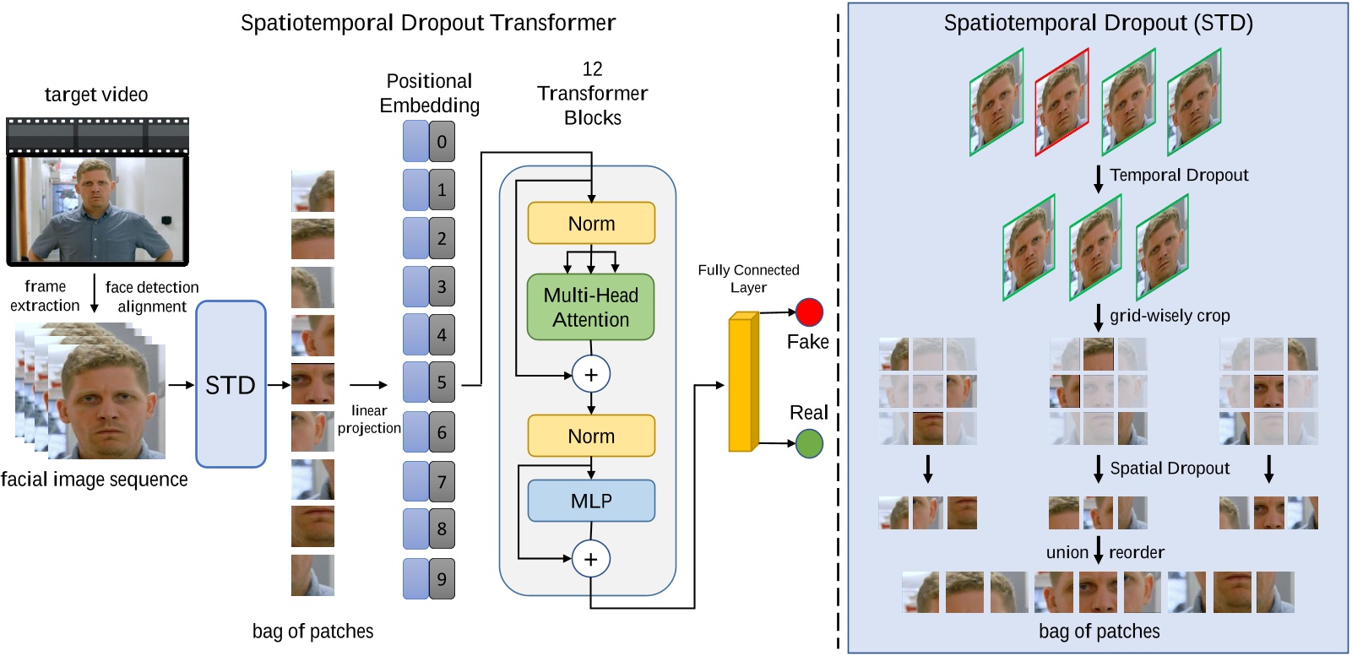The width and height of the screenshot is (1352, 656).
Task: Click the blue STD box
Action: pyautogui.click(x=231, y=384)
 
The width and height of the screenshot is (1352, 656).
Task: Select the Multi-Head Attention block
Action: pyautogui.click(x=590, y=307)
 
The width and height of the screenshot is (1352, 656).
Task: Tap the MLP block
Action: pyautogui.click(x=590, y=501)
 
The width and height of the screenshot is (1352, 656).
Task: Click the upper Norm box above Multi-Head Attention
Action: pyautogui.click(x=590, y=224)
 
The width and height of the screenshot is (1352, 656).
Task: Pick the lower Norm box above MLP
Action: pyautogui.click(x=590, y=436)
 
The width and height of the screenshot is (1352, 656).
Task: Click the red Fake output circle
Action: pyautogui.click(x=809, y=312)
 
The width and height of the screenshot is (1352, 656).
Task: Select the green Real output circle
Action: pyautogui.click(x=809, y=444)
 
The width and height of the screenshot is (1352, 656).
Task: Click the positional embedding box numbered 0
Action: pyautogui.click(x=442, y=141)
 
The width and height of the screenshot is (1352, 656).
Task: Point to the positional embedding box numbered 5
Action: pyautogui.click(x=442, y=382)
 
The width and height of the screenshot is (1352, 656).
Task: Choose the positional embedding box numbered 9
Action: pyautogui.click(x=442, y=579)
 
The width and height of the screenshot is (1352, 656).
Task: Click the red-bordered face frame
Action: pyautogui.click(x=1062, y=101)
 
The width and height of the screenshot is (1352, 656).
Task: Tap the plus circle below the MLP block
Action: pyautogui.click(x=590, y=559)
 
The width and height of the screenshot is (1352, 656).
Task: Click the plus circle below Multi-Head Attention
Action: pyautogui.click(x=590, y=375)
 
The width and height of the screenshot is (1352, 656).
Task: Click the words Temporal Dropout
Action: pyautogui.click(x=1178, y=175)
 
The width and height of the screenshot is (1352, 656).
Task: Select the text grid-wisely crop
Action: pyautogui.click(x=1169, y=316)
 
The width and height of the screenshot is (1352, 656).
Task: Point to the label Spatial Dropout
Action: pyautogui.click(x=1169, y=468)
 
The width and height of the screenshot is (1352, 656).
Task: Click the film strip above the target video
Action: pyautogui.click(x=97, y=135)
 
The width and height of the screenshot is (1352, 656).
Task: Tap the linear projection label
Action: pyautogui.click(x=369, y=419)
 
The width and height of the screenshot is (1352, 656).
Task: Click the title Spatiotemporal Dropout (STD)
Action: pyautogui.click(x=1098, y=23)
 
